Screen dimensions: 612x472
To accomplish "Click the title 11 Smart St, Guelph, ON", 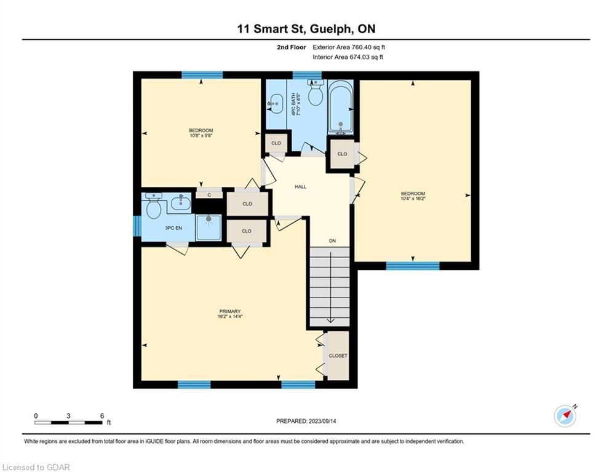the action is pos(306,29).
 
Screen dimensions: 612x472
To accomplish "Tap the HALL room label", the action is pos(301,187).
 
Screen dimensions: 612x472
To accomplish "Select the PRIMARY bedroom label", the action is pos(230,311).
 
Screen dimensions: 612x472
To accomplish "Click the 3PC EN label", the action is pos(173,228).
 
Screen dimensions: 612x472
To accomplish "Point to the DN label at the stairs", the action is pos(333,241).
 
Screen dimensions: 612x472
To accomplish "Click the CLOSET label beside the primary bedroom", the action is pos(338,356).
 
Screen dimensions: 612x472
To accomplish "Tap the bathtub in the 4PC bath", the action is pos(340,106).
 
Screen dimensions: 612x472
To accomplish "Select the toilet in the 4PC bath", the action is pos(316,93).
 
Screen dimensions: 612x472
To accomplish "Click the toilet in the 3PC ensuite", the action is pos(153,205).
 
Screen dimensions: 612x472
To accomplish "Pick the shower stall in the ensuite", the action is pos(209,227).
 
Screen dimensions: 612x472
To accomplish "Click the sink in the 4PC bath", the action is pos(276,103).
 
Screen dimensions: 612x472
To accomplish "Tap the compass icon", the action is pos(565,416).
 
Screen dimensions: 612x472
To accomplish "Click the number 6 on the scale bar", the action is pos(102,416).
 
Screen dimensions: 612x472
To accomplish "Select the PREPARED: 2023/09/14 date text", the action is pos(306,421).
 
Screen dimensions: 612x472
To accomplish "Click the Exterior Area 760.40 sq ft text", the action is pos(349,47).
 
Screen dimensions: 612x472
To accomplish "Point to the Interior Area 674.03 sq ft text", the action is pos(348,57).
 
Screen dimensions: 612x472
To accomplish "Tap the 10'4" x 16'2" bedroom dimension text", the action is pos(413,199).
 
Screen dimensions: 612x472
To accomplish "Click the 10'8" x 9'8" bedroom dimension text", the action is pos(201,136).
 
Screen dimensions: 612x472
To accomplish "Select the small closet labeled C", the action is pos(209,195).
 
